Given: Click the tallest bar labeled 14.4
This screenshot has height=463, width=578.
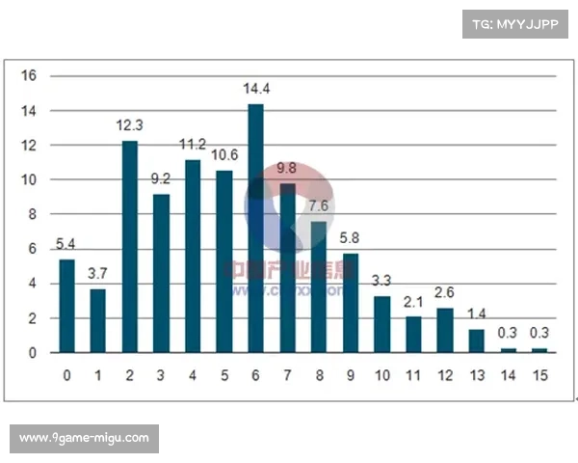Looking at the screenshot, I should click(x=255, y=228).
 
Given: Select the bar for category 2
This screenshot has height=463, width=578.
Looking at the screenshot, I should click(x=129, y=246).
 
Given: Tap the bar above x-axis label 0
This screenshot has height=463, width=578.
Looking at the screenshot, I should click(x=66, y=306).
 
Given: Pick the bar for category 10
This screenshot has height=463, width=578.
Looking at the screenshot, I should click(x=381, y=324).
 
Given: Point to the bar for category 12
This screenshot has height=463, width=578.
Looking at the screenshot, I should click(x=444, y=330).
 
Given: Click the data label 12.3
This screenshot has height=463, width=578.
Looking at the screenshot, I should click(x=129, y=126).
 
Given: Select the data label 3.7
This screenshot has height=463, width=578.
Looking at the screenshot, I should click(x=98, y=275).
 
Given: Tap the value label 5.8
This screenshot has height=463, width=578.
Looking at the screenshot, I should click(x=351, y=238).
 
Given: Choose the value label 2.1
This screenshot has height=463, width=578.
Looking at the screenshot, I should click(x=413, y=302).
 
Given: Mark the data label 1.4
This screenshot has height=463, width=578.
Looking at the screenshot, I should click(x=476, y=314).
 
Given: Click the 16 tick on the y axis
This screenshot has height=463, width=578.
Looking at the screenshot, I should click(x=29, y=76).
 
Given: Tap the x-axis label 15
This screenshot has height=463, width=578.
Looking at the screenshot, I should click(x=539, y=373).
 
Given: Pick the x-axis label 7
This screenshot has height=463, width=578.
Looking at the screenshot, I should click(x=287, y=373).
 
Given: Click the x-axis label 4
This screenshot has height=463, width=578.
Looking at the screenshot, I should click(x=193, y=373).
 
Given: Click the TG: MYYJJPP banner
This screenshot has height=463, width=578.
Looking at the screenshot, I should click(x=515, y=23).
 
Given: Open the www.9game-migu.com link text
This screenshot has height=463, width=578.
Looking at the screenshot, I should click(x=85, y=439).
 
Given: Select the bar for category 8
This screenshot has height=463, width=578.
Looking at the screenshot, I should click(x=319, y=286).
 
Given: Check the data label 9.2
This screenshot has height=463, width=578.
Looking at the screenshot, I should click(x=161, y=179).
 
